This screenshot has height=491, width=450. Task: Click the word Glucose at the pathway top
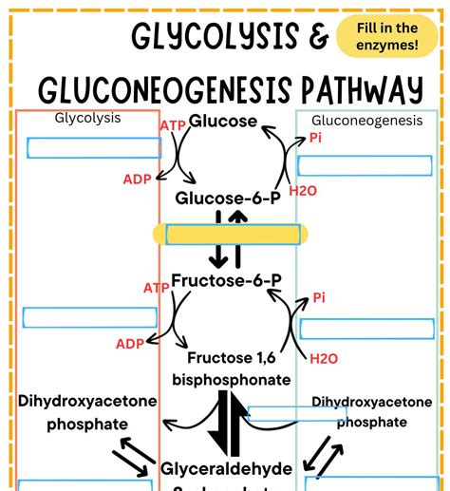[x=223, y=122]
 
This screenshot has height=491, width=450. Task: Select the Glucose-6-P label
[x=225, y=198]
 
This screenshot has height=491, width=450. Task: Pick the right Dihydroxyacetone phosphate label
[x=371, y=411]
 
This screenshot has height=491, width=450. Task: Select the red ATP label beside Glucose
[x=173, y=124]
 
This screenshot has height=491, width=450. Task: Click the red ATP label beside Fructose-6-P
[x=157, y=288]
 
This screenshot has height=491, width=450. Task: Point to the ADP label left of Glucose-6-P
[x=138, y=179]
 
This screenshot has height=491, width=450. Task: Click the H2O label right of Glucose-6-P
[x=303, y=191]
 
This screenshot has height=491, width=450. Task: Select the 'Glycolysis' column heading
[x=82, y=119]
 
